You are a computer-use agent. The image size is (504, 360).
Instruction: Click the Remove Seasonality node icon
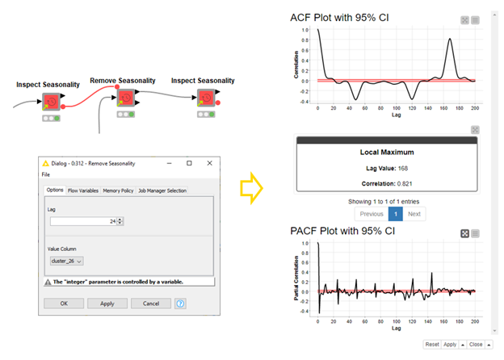[125, 98]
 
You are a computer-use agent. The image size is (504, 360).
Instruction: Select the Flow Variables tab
[85, 190]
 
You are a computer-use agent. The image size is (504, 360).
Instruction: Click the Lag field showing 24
[85, 221]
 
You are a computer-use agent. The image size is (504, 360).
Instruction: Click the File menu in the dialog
[46, 174]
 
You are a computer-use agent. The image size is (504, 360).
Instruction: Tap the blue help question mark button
[180, 303]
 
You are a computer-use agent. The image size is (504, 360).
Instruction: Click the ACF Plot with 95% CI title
[342, 18]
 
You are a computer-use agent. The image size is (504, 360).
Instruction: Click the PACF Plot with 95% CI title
[343, 232]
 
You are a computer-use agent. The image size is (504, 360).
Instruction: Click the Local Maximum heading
[386, 152]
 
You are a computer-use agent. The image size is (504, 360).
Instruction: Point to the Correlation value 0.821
[386, 182]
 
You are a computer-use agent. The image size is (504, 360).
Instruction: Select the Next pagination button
[414, 214]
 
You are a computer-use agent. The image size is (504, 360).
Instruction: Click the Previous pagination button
[372, 214]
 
